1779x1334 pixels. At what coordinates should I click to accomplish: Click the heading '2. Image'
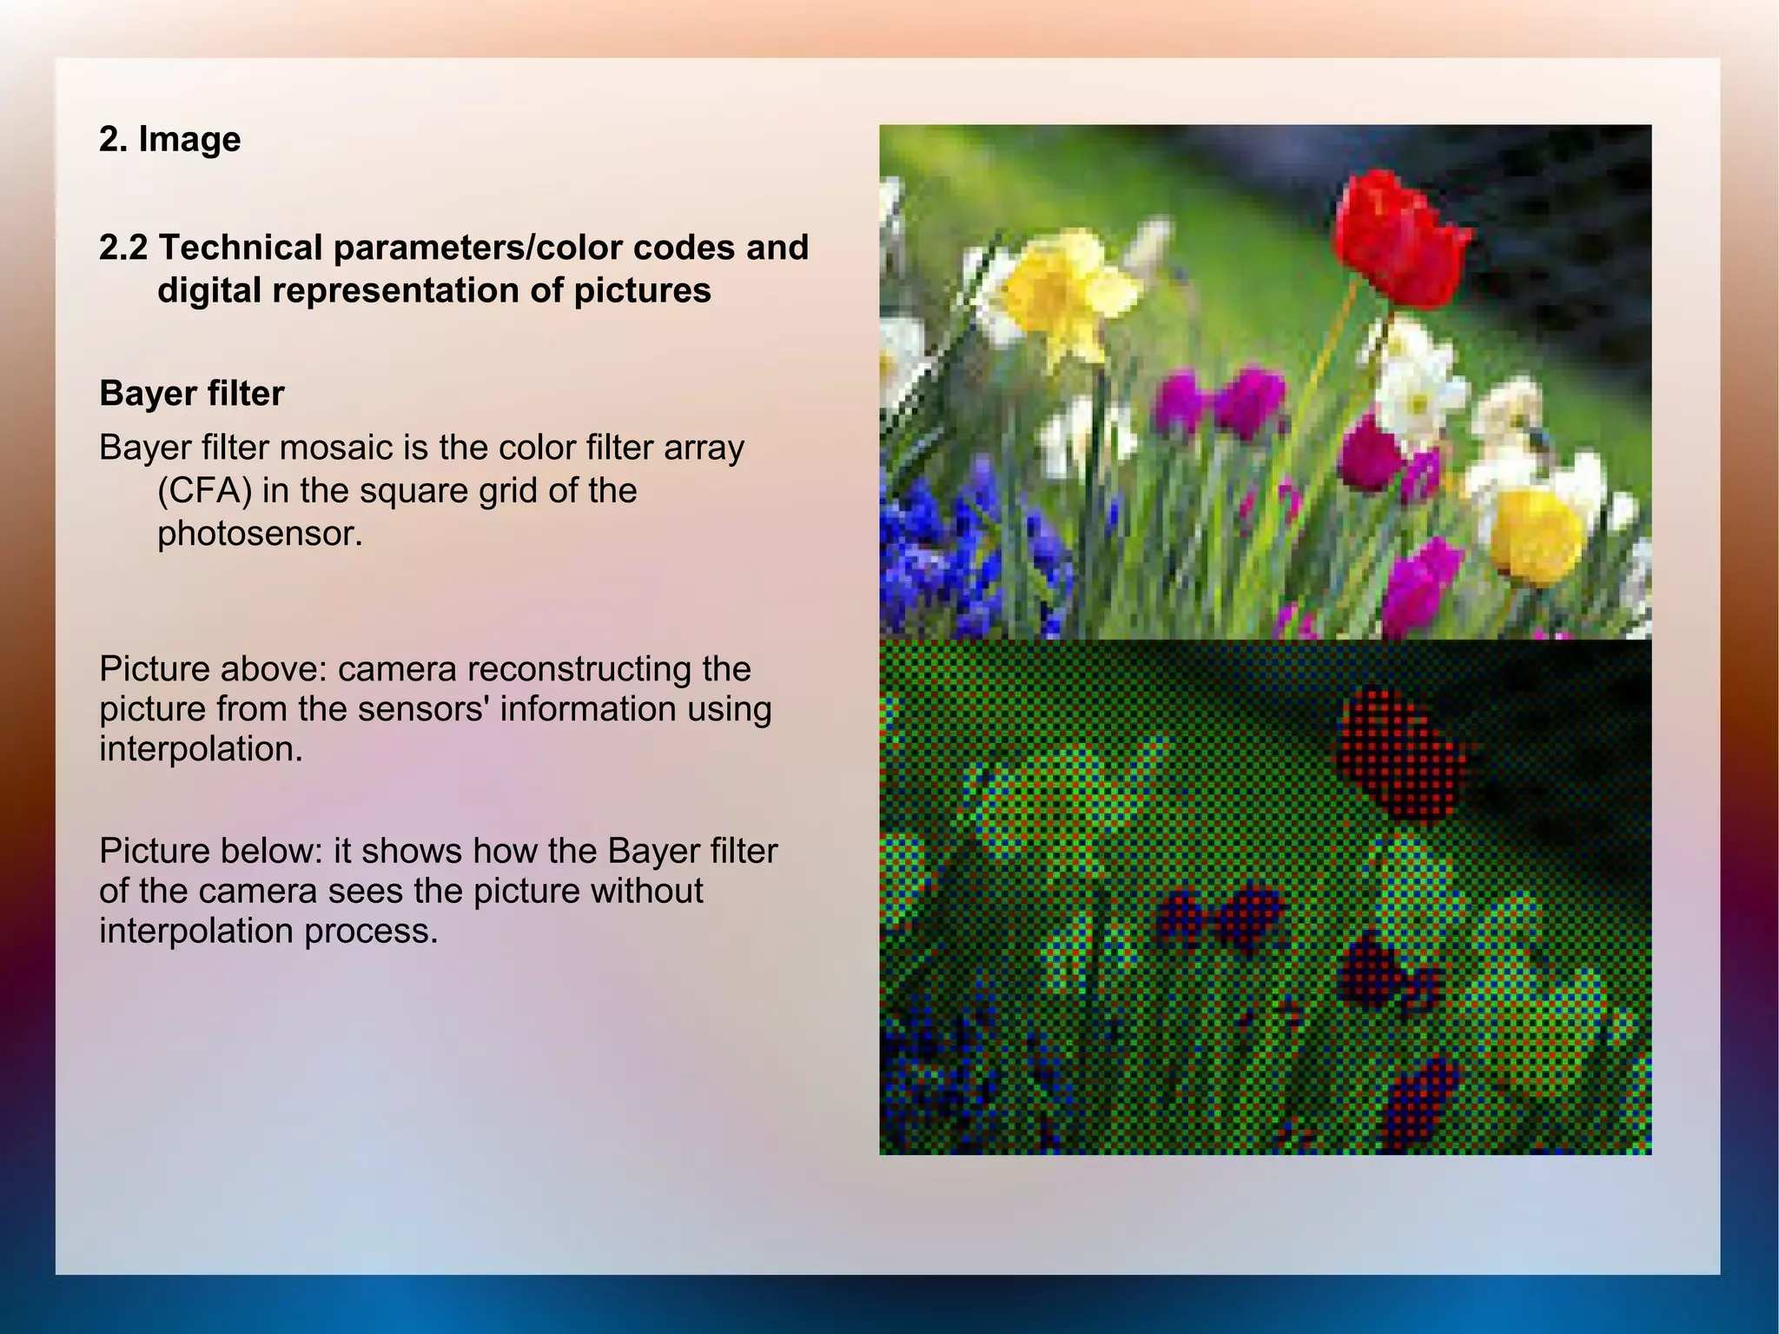pyautogui.click(x=169, y=139)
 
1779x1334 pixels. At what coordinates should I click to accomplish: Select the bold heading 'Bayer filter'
pyautogui.click(x=191, y=394)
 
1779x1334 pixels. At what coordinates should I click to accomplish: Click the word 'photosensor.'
pyautogui.click(x=259, y=534)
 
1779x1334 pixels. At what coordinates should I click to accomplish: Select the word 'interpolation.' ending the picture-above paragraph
pyautogui.click(x=201, y=749)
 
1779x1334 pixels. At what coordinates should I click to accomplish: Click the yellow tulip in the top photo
pyautogui.click(x=1538, y=532)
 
